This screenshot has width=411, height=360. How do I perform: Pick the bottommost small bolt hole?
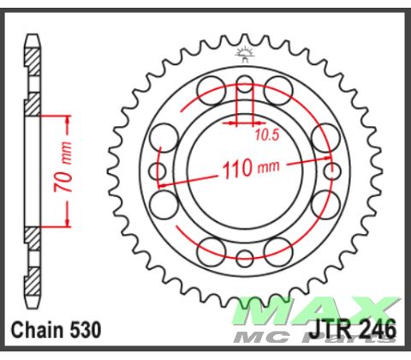(245, 257)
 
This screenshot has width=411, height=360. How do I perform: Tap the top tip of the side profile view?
(33, 36)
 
